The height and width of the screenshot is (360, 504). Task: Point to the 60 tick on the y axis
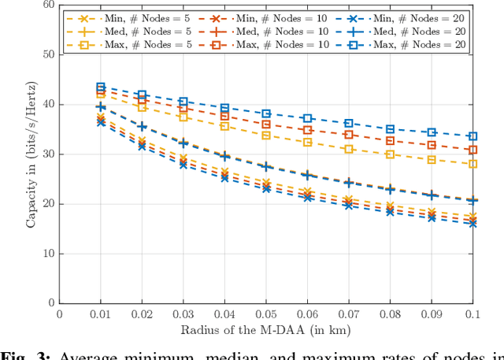(50, 5)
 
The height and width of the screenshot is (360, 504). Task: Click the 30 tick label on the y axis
(50, 154)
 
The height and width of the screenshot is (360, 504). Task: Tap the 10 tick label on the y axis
(50, 254)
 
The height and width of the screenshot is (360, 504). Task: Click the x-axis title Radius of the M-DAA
(265, 329)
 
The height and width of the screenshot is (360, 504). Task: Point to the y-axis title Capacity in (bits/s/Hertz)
(31, 154)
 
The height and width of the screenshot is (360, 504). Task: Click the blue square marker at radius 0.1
(472, 136)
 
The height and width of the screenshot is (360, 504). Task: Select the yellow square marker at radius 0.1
(472, 164)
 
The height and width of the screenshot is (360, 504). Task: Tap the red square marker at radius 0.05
(266, 124)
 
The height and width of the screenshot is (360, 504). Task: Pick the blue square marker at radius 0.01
(101, 87)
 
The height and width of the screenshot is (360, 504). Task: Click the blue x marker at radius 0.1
(472, 224)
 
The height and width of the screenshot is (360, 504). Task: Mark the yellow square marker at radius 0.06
(307, 143)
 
